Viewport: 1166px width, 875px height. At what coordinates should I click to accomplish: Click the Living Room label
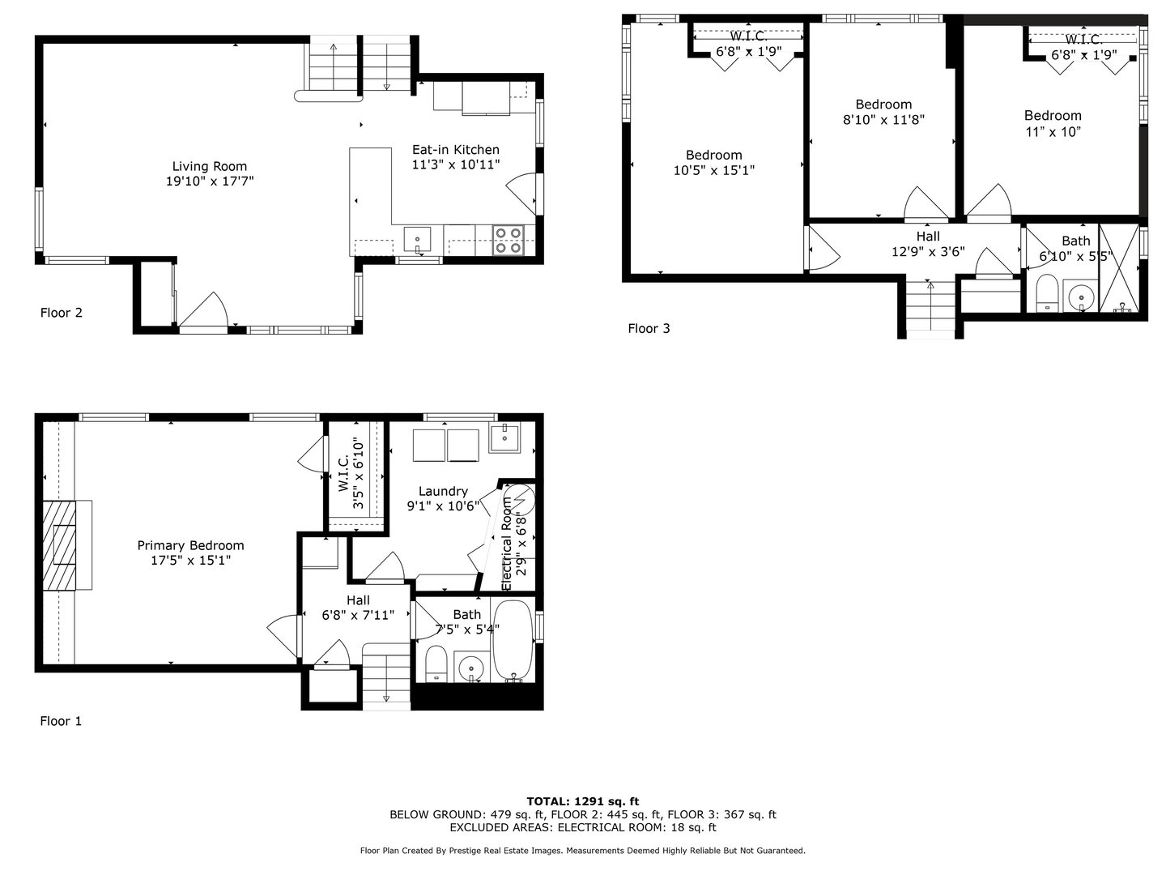[209, 166]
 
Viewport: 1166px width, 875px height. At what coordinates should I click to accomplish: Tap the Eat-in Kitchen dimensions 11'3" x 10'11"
[456, 164]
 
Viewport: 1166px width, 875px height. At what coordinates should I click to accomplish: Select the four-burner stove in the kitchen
[508, 240]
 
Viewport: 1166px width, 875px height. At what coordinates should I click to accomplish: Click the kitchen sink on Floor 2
[417, 240]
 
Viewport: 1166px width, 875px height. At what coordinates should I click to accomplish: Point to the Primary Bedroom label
[191, 545]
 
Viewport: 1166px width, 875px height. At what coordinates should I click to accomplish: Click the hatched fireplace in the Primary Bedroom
[59, 544]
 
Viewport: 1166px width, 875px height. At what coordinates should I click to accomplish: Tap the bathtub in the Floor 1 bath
[513, 640]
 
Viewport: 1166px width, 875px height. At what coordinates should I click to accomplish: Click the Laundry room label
[443, 492]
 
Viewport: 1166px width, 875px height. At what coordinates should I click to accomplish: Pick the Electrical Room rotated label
[506, 543]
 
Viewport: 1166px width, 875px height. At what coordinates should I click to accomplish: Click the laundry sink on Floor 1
[504, 438]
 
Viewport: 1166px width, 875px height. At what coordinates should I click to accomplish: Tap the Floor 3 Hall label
[928, 237]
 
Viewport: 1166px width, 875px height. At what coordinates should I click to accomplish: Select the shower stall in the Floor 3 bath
[1119, 267]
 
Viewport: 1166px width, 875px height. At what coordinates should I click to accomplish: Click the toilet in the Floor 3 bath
[1048, 292]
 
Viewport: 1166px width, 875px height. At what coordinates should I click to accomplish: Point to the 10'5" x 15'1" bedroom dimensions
[714, 170]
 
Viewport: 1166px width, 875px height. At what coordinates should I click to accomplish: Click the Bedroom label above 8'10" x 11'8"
[883, 105]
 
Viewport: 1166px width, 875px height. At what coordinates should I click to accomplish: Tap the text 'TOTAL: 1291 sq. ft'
[583, 801]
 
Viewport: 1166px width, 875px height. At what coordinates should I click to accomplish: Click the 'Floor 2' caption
[61, 313]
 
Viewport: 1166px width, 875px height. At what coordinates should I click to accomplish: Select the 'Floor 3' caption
[649, 328]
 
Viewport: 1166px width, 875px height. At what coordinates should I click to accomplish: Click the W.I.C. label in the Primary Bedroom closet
[343, 472]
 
